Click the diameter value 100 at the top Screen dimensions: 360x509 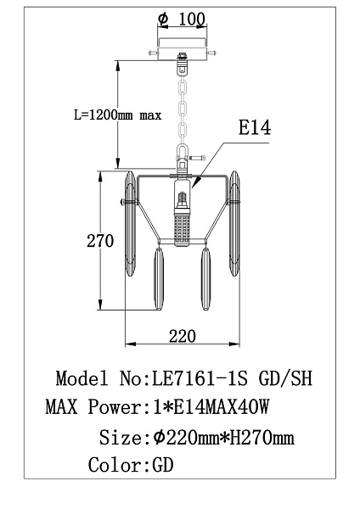(192, 20)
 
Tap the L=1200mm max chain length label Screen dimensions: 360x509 (118, 115)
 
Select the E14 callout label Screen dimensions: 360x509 (255, 127)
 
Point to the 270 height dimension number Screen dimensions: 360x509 (100, 241)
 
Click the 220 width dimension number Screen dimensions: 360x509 (183, 336)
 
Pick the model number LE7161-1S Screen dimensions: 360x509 (200, 378)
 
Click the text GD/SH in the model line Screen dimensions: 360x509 (285, 378)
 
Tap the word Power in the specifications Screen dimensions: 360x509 (115, 406)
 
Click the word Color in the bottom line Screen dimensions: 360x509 (114, 465)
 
